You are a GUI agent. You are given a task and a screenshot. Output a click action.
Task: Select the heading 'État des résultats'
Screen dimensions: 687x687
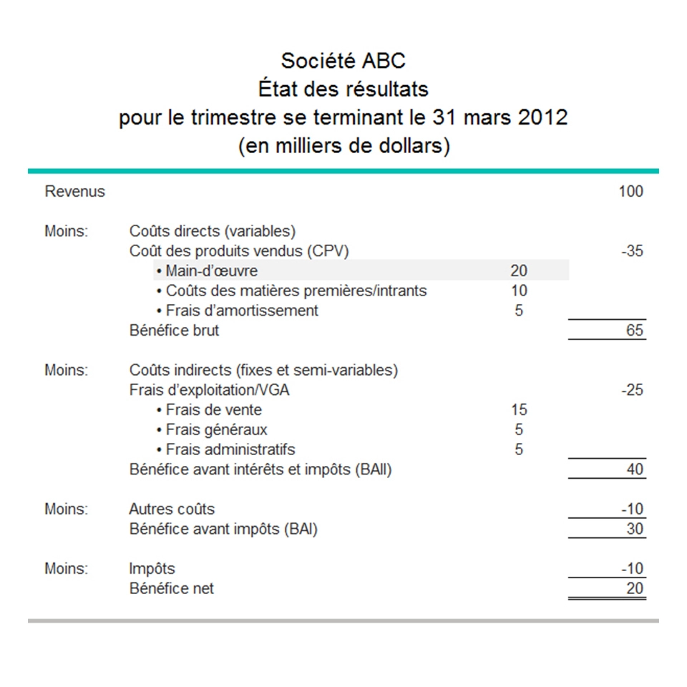[x=343, y=89]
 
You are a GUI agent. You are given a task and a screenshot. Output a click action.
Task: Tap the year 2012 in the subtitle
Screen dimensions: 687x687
[x=541, y=117]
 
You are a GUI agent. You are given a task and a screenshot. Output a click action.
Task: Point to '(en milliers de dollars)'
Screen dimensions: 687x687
[x=343, y=146]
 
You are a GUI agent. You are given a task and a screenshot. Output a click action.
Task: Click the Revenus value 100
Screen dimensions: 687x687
[x=631, y=192]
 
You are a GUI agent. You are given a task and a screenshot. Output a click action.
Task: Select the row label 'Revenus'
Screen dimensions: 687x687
[x=74, y=192]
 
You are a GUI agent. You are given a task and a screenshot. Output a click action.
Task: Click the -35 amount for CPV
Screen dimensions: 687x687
[x=632, y=251]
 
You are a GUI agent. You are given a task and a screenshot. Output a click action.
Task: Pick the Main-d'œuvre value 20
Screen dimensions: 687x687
[x=519, y=271]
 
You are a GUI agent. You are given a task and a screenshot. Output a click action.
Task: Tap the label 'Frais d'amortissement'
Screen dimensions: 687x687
[x=242, y=311]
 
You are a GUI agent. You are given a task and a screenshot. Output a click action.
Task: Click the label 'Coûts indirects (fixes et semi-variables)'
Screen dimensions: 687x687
[x=263, y=370]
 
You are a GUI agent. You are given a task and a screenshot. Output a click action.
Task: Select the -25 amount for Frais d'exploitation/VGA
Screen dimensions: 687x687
[x=632, y=390]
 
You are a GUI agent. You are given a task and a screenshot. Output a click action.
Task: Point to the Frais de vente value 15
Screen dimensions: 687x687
[x=519, y=410]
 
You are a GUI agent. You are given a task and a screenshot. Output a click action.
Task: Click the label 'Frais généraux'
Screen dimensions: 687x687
[x=216, y=430]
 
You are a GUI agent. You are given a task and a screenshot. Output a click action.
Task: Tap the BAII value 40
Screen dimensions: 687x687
[x=635, y=469]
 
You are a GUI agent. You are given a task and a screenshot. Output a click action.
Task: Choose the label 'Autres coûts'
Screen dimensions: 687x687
[x=172, y=510]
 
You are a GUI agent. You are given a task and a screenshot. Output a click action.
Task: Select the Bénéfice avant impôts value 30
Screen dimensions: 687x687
[x=635, y=530]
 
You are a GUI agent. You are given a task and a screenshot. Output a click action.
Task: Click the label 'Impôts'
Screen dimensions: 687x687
[x=152, y=569]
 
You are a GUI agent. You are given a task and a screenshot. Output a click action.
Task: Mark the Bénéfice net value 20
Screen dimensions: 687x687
[x=635, y=589]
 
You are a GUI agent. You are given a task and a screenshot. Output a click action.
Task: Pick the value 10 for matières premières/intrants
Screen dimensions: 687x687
[x=519, y=291]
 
